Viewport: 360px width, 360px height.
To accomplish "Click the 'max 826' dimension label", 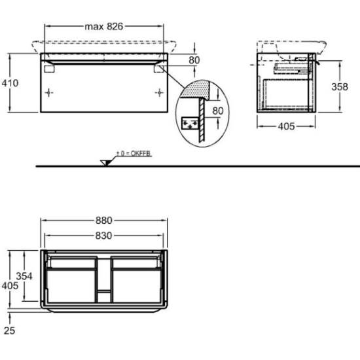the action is pyautogui.click(x=104, y=27).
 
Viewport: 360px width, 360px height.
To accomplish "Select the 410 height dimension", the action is pyautogui.click(x=10, y=83).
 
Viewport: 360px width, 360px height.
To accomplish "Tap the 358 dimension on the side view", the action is pyautogui.click(x=340, y=86).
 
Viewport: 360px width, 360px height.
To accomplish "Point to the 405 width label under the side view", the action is pyautogui.click(x=286, y=126).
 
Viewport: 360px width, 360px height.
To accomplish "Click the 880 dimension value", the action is pyautogui.click(x=104, y=221).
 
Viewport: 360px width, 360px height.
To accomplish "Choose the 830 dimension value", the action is pyautogui.click(x=104, y=236).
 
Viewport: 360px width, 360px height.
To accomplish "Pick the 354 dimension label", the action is pyautogui.click(x=24, y=276).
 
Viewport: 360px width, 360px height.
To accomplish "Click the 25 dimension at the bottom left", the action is pyautogui.click(x=9, y=331).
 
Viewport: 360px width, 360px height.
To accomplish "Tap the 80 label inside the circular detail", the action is pyautogui.click(x=218, y=111).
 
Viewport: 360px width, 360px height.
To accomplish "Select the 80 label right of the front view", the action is pyautogui.click(x=194, y=60).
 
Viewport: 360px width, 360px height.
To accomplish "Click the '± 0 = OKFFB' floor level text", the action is pyautogui.click(x=134, y=153).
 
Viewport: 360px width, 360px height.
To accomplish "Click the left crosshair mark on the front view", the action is pyautogui.click(x=49, y=92).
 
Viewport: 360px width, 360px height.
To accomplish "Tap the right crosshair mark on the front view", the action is pyautogui.click(x=159, y=92).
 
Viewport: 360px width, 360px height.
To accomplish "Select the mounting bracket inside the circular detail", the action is pyautogui.click(x=190, y=123).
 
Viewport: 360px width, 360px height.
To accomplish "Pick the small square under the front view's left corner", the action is pyautogui.click(x=49, y=69).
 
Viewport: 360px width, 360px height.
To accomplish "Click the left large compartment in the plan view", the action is pyautogui.click(x=71, y=286).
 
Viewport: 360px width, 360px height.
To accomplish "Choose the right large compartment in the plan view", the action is pyautogui.click(x=137, y=286).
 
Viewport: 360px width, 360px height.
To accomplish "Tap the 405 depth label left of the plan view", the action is pyautogui.click(x=10, y=285).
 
